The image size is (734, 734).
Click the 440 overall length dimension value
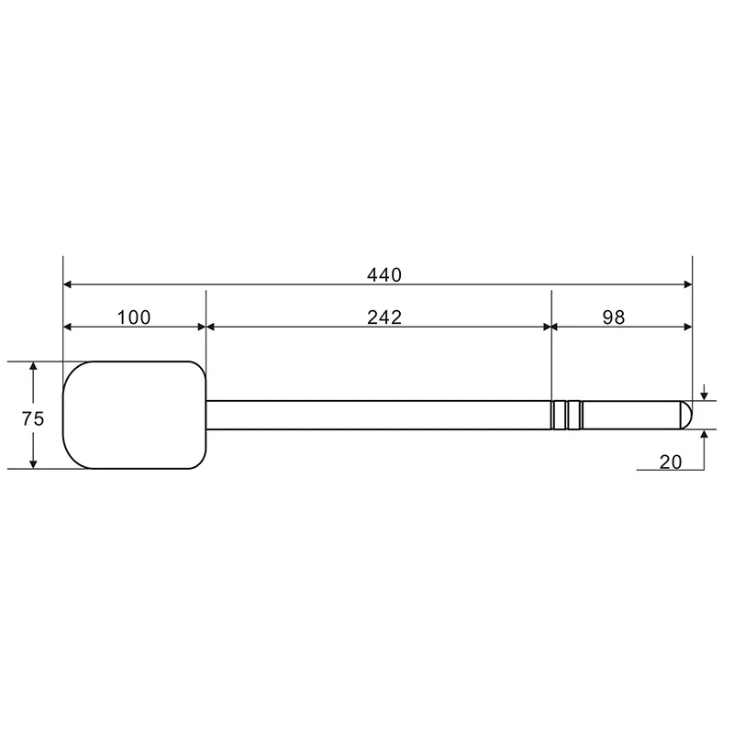384,274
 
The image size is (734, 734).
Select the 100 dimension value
134,317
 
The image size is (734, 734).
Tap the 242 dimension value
384,317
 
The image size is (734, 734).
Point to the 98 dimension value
613,317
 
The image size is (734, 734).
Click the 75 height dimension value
33,418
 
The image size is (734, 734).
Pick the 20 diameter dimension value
671,462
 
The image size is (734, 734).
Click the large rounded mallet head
134,415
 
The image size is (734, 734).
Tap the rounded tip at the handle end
686,415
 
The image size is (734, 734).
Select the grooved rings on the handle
567,415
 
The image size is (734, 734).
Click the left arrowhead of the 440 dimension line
67,284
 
